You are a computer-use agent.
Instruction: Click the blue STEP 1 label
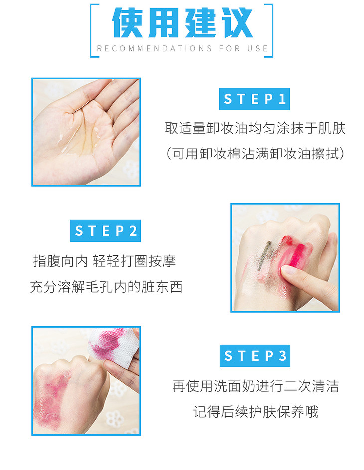pyautogui.click(x=254, y=99)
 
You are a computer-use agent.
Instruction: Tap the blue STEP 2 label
pyautogui.click(x=105, y=231)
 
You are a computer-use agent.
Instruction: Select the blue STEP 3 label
pyautogui.click(x=255, y=356)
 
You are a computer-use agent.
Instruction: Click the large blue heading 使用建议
pyautogui.click(x=182, y=23)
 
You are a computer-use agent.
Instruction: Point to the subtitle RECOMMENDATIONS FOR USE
pyautogui.click(x=182, y=48)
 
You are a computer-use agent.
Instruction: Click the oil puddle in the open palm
pyautogui.click(x=79, y=135)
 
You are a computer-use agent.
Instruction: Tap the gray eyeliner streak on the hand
pyautogui.click(x=264, y=255)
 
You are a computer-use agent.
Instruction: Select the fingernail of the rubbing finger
pyautogui.click(x=288, y=270)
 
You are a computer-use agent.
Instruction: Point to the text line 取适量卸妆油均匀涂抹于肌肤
pyautogui.click(x=255, y=128)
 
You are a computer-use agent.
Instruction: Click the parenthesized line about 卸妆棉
pyautogui.click(x=255, y=154)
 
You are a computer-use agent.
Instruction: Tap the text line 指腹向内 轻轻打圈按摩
pyautogui.click(x=104, y=261)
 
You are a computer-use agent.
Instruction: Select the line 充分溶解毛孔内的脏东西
pyautogui.click(x=106, y=287)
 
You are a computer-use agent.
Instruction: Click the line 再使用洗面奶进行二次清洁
pyautogui.click(x=255, y=386)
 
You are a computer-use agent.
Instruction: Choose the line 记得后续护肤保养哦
pyautogui.click(x=255, y=412)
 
